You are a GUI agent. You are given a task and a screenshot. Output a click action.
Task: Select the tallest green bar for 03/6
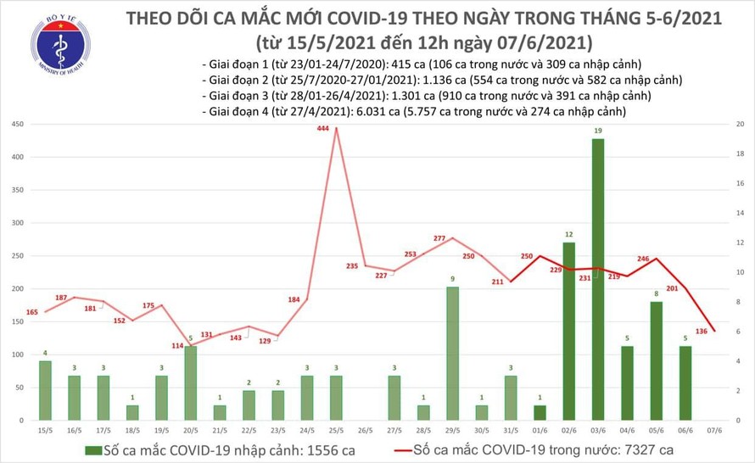(x=598, y=280)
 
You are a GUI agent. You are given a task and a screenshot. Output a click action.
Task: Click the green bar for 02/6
(x=569, y=331)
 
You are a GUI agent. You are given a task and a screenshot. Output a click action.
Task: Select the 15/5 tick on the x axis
(x=45, y=429)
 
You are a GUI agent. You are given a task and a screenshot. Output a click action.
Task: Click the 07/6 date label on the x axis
(x=714, y=429)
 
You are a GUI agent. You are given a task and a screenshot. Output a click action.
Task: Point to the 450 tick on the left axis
(x=16, y=125)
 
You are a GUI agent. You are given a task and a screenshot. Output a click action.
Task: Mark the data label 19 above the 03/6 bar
(x=598, y=131)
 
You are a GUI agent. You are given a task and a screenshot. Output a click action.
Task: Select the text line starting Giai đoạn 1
(x=421, y=64)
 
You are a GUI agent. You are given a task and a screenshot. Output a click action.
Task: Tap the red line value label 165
(x=32, y=313)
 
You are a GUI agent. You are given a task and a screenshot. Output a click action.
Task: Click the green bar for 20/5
(x=191, y=383)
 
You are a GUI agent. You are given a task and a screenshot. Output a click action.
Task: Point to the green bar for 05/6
(x=656, y=360)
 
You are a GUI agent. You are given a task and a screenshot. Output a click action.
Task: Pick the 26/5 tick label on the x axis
(x=366, y=429)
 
